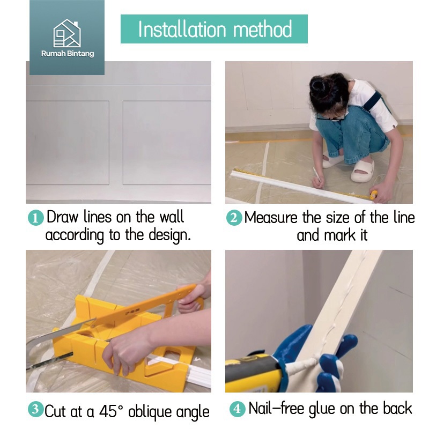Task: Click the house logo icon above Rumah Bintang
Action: pyautogui.click(x=66, y=33)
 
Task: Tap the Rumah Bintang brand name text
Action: pyautogui.click(x=68, y=53)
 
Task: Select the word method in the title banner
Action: pyautogui.click(x=263, y=29)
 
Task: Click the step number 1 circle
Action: pyautogui.click(x=36, y=218)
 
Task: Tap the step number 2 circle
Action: pyautogui.click(x=234, y=218)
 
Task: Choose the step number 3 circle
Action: pyautogui.click(x=35, y=410)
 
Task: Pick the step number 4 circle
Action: pyautogui.click(x=237, y=409)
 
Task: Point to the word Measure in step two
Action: pyautogui.click(x=271, y=218)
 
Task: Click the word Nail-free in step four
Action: pyautogui.click(x=276, y=409)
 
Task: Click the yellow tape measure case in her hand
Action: pyautogui.click(x=373, y=195)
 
